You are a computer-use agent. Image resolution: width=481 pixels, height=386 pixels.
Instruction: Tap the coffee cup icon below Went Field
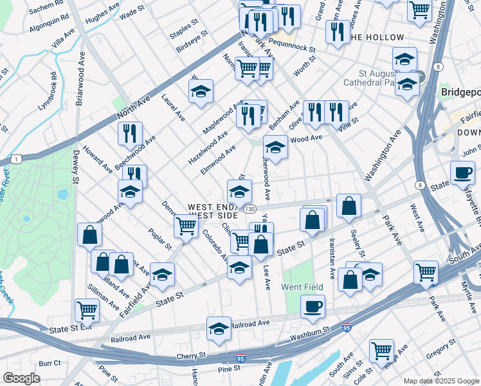pos(313,306)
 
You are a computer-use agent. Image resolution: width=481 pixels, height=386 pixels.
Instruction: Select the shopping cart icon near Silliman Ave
pos(87,310)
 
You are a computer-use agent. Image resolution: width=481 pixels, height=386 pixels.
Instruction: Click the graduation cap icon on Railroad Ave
pos(219,328)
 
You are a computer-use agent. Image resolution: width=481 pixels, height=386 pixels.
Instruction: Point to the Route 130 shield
pos(250,209)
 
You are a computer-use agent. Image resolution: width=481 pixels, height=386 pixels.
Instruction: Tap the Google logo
pos(22,378)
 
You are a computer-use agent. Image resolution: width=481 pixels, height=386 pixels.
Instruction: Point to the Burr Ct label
pos(50,363)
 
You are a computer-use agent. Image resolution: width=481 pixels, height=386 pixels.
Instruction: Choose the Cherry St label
pos(193,354)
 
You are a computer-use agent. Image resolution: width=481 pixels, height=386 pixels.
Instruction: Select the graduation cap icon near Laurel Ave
pos(201,91)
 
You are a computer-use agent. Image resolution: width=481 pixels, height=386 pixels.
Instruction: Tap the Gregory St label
pos(440,351)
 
